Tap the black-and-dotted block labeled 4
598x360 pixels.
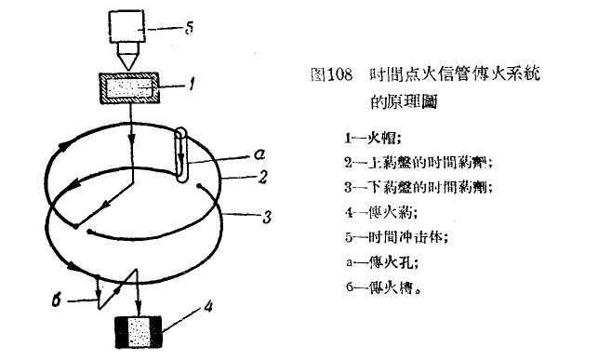tap(139, 333)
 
